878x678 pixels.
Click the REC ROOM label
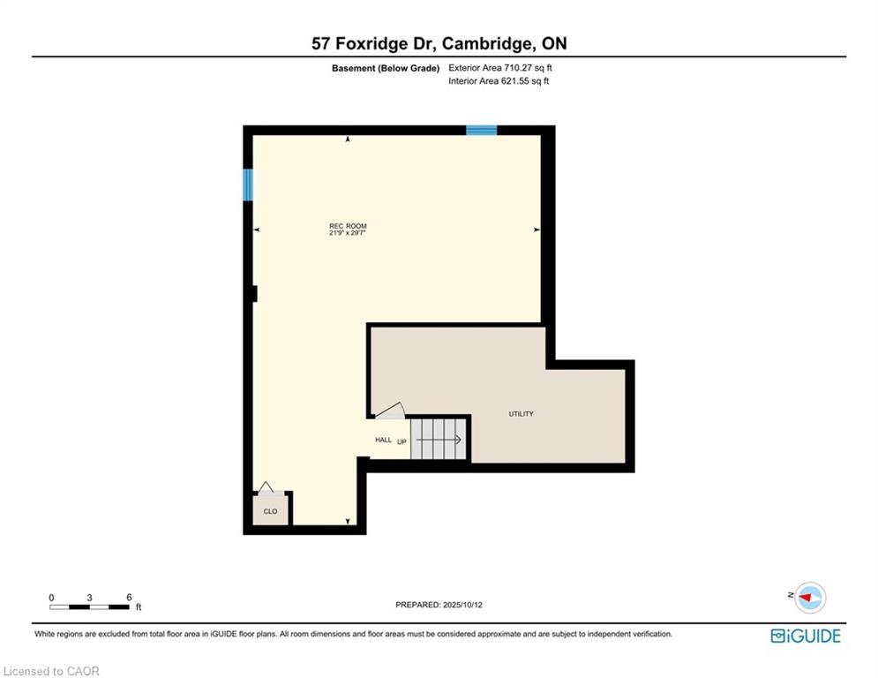[x=348, y=226]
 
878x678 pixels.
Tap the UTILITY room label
[x=521, y=413]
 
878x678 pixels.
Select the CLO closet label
[x=270, y=511]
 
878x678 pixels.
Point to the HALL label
[x=383, y=440]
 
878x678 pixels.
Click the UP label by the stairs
[x=401, y=441]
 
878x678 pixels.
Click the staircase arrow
[x=439, y=440]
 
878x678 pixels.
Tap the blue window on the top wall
[x=482, y=131]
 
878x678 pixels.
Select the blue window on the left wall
[x=247, y=185]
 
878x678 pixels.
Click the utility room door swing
[x=390, y=411]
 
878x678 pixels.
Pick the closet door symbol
[x=266, y=487]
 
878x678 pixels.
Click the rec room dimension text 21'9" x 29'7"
[x=348, y=232]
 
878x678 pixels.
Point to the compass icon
[x=810, y=598]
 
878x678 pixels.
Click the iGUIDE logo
[x=806, y=636]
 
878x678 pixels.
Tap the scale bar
[x=90, y=606]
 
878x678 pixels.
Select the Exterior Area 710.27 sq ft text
[x=500, y=68]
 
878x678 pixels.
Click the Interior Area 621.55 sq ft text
[x=499, y=81]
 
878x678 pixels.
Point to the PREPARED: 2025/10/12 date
[x=439, y=605]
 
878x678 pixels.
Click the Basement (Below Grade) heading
[x=386, y=68]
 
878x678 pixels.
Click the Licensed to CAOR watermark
[x=51, y=671]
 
